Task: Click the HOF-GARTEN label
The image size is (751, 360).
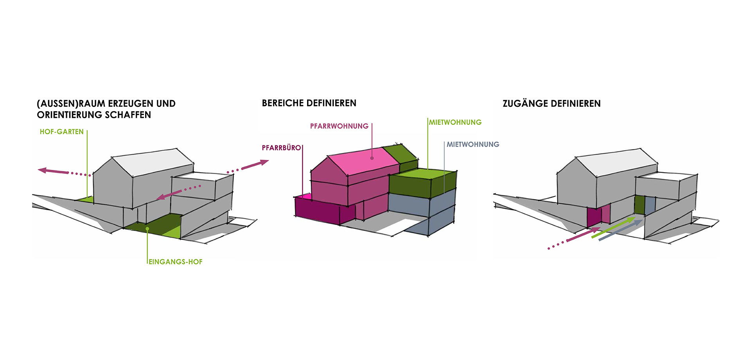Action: (x=62, y=132)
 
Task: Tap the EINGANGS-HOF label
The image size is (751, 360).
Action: (x=176, y=262)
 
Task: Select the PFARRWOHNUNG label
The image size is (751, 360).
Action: (x=339, y=126)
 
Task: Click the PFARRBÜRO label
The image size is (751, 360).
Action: (x=281, y=148)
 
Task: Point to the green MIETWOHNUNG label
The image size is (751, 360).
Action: (x=455, y=122)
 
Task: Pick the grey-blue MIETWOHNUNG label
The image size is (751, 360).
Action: (x=473, y=144)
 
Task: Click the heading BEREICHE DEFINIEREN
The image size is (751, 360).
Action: (x=309, y=103)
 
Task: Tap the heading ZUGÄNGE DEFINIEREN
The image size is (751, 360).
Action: (x=552, y=104)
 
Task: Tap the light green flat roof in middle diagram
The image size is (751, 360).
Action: (x=424, y=174)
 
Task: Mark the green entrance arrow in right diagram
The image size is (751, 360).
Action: (x=613, y=227)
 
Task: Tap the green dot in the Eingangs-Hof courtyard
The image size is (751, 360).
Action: (x=147, y=229)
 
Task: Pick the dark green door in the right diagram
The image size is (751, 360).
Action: (x=639, y=205)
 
